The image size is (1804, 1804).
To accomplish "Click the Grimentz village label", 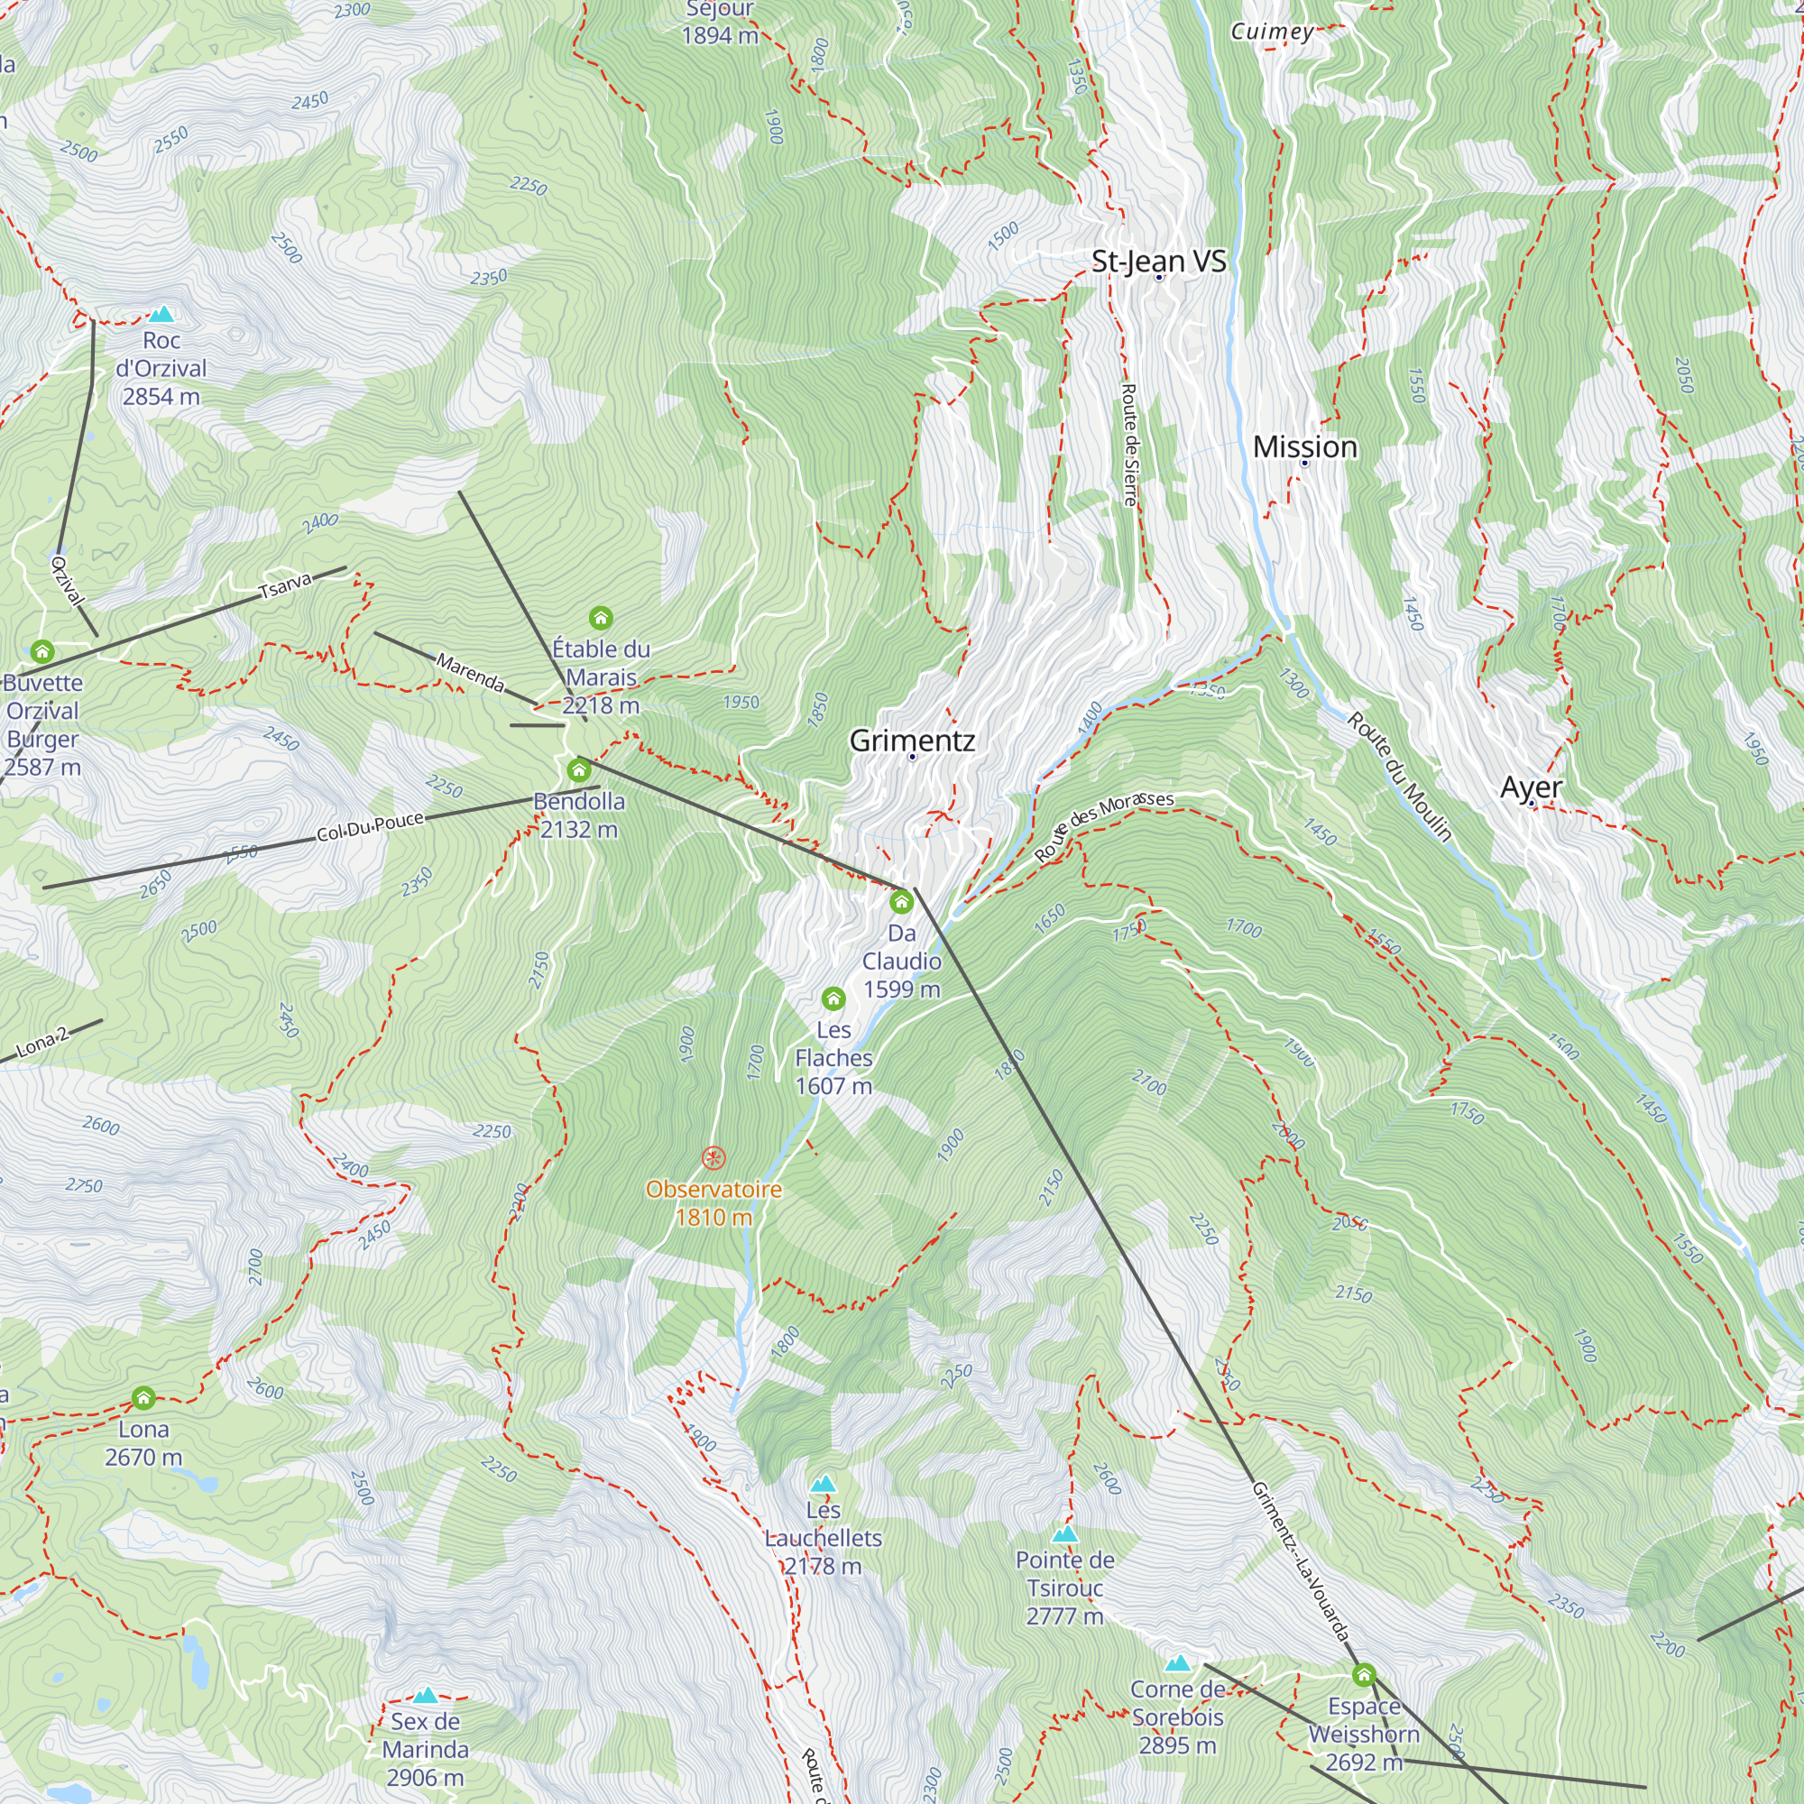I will click(x=912, y=741).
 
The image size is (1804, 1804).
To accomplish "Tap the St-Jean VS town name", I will click(x=1158, y=261).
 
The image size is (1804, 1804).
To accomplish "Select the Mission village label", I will click(x=1304, y=446).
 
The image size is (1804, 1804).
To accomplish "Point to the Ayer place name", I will click(x=1531, y=787).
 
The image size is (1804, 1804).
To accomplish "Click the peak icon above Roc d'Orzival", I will click(x=161, y=315).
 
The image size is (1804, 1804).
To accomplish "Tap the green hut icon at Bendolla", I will click(x=579, y=770).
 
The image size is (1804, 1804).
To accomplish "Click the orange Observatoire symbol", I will click(x=713, y=1159).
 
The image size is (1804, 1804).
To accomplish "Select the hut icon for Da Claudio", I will click(x=901, y=902).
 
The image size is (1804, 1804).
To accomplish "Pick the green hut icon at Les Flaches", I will click(x=833, y=999).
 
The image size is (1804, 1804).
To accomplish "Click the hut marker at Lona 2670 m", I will click(x=143, y=1398).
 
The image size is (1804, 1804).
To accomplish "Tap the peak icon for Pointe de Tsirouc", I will click(x=1064, y=1534).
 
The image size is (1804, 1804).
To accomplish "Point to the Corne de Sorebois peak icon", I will click(x=1177, y=1663).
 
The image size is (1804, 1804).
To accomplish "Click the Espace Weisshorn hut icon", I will click(x=1363, y=1675).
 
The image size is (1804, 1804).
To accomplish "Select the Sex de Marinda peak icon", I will click(x=425, y=1695).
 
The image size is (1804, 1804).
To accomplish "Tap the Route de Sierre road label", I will click(x=1129, y=445).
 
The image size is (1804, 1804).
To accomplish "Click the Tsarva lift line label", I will click(x=285, y=585).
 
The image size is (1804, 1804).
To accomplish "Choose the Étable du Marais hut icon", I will click(x=601, y=618).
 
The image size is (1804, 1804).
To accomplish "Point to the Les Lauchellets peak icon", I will click(x=823, y=1484).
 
